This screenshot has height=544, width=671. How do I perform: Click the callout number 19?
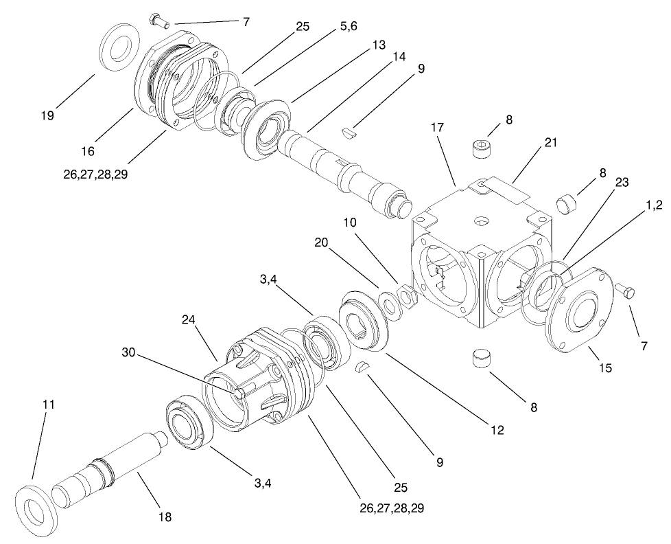click(47, 116)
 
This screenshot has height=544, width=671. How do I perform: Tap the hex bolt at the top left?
click(158, 21)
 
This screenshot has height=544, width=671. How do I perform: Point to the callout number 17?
click(438, 128)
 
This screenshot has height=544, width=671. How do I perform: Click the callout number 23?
click(622, 183)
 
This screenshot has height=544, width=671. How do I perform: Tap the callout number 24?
click(190, 320)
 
